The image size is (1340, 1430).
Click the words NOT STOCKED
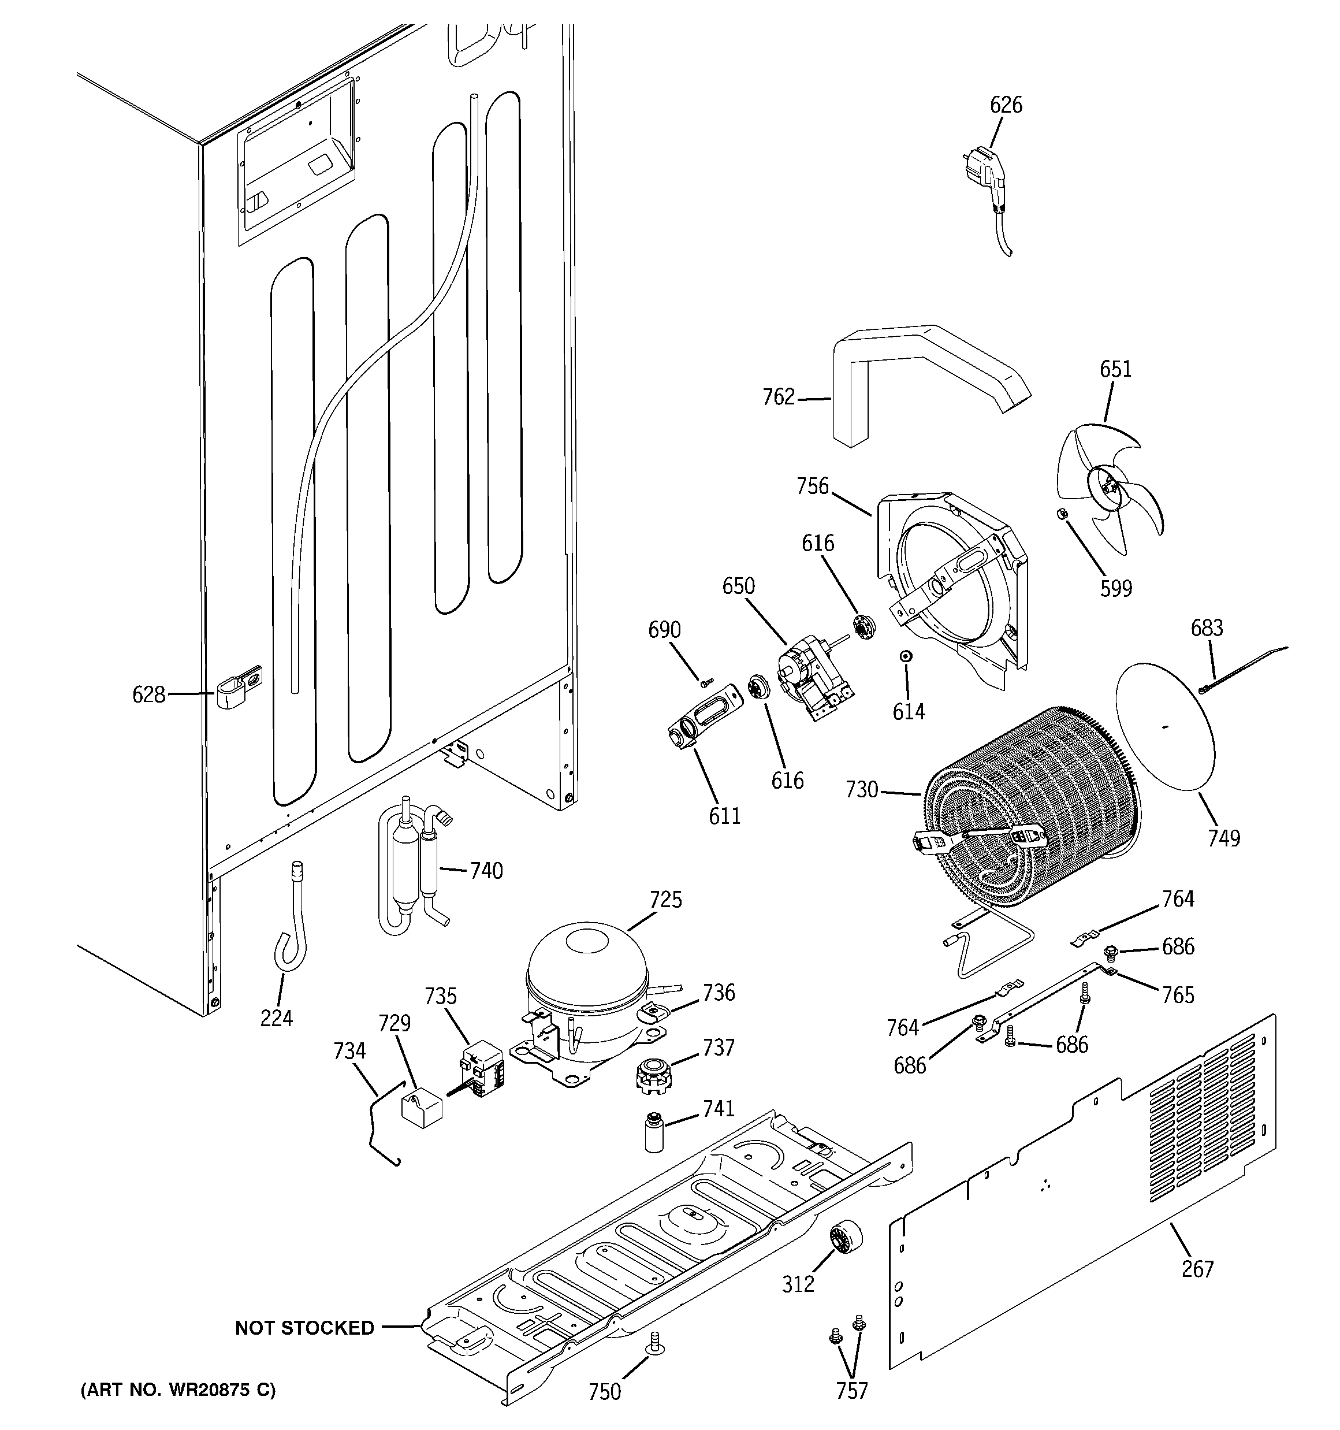(x=304, y=1328)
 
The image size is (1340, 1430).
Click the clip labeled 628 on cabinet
(x=237, y=688)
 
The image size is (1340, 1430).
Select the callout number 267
(x=1197, y=1269)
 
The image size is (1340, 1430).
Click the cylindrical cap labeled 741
(x=654, y=1132)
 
